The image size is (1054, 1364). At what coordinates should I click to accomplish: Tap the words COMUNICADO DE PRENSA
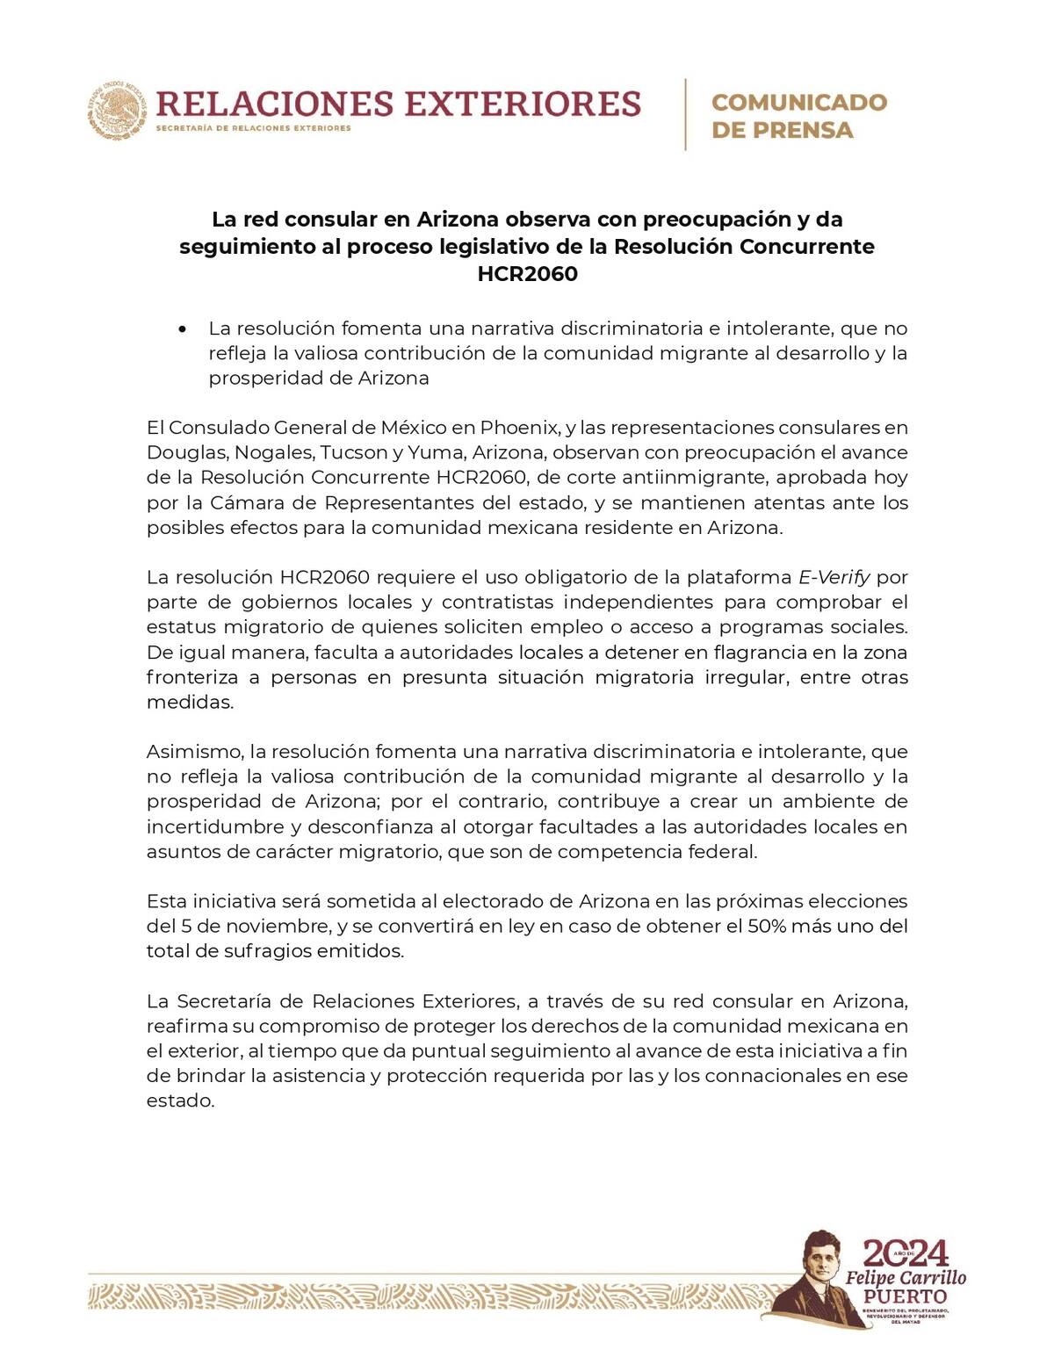click(798, 116)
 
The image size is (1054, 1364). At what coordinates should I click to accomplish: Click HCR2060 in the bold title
click(527, 274)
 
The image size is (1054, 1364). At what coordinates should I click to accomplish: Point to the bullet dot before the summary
click(182, 329)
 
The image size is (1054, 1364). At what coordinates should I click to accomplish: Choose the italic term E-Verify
click(834, 578)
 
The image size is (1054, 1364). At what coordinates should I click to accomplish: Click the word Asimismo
click(193, 752)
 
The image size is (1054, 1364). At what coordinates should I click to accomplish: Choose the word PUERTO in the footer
click(905, 1296)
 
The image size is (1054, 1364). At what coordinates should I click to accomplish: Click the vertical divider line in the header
click(685, 114)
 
